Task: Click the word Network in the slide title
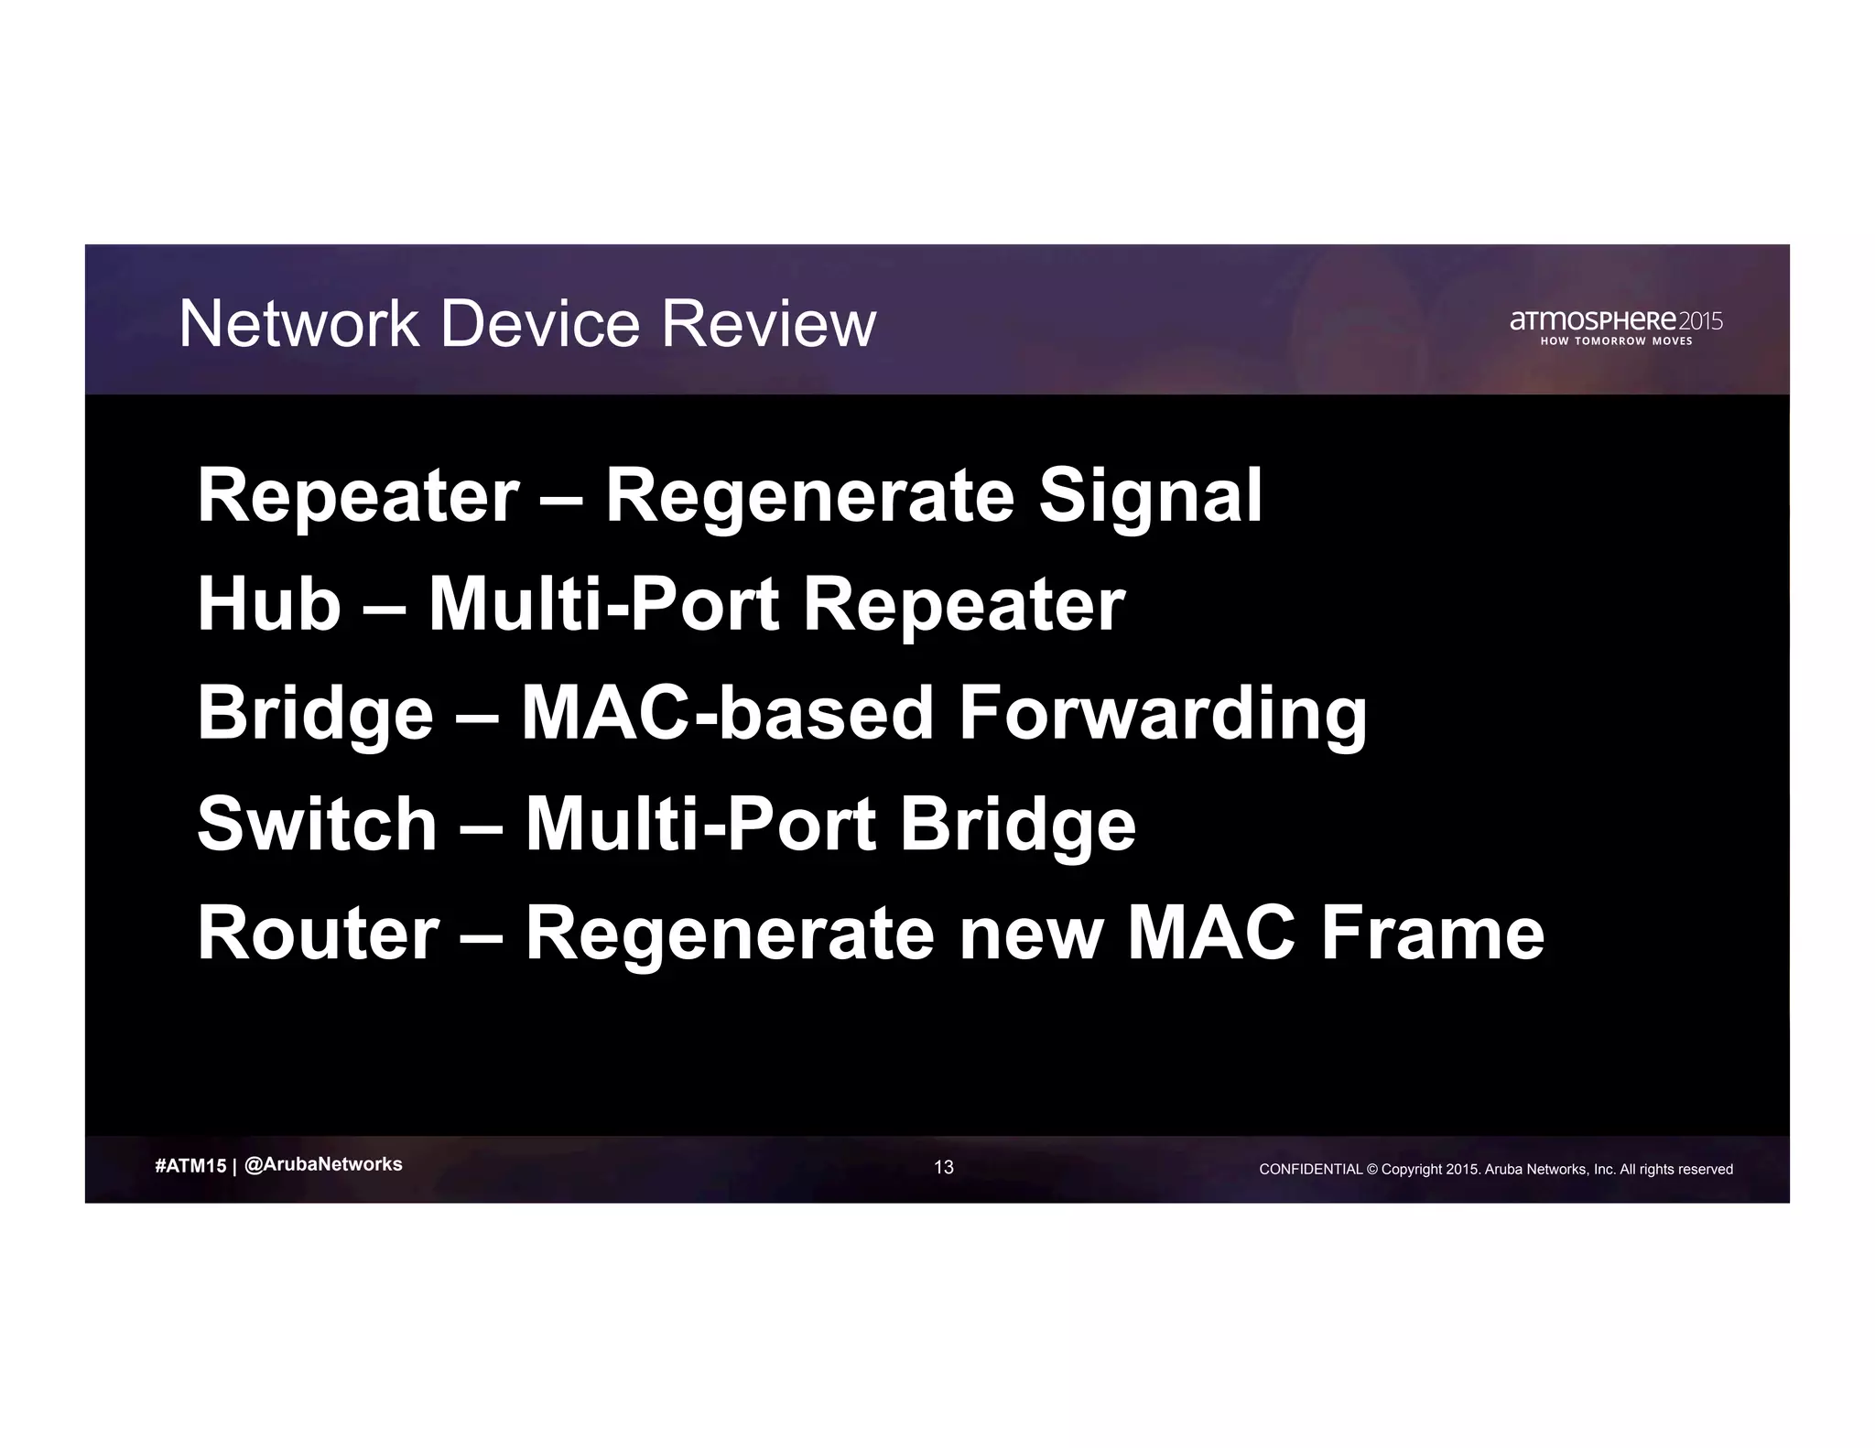pos(298,324)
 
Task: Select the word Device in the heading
pos(539,324)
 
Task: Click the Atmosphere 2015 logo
pos(1616,321)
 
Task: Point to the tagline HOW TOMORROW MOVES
pos(1616,341)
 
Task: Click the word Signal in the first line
pos(1150,496)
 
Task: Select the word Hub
pos(269,605)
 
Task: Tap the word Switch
pos(317,824)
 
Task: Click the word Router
pos(319,933)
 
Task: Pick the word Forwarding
pos(1162,715)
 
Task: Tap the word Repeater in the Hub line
pos(963,607)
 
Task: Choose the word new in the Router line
pos(1030,935)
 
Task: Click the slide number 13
pos(943,1167)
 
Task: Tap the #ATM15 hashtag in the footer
pos(190,1166)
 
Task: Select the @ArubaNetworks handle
pos(324,1164)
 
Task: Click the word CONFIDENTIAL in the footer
pos(1311,1169)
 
